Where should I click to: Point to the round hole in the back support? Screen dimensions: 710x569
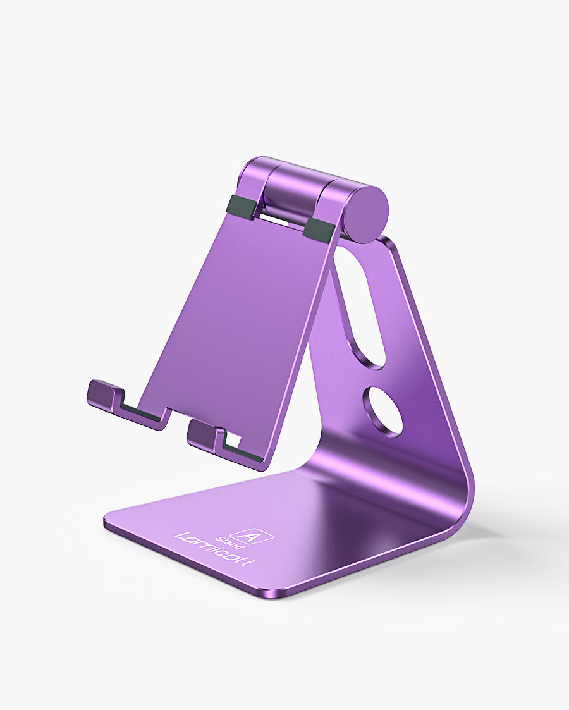[x=382, y=411]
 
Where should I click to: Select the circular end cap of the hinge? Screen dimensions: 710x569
[x=366, y=214]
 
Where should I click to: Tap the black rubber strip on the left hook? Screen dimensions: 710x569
[x=142, y=413]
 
